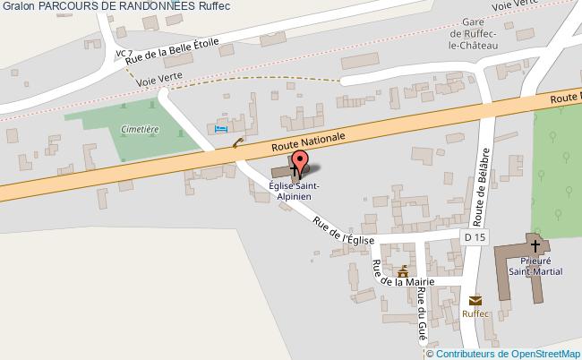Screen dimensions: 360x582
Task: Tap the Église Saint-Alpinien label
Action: pyautogui.click(x=295, y=192)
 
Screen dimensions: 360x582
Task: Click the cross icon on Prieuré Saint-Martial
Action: pyautogui.click(x=535, y=244)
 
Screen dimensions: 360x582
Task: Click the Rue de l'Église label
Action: pyautogui.click(x=342, y=234)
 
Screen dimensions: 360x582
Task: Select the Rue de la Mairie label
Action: pyautogui.click(x=404, y=279)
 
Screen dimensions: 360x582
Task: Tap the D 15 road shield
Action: pyautogui.click(x=475, y=236)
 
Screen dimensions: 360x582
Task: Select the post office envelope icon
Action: pyautogui.click(x=475, y=300)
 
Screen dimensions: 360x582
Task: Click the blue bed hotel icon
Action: pyautogui.click(x=221, y=130)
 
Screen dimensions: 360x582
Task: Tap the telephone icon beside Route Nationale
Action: pyautogui.click(x=236, y=141)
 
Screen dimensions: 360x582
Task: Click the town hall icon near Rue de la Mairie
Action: pyautogui.click(x=403, y=270)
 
